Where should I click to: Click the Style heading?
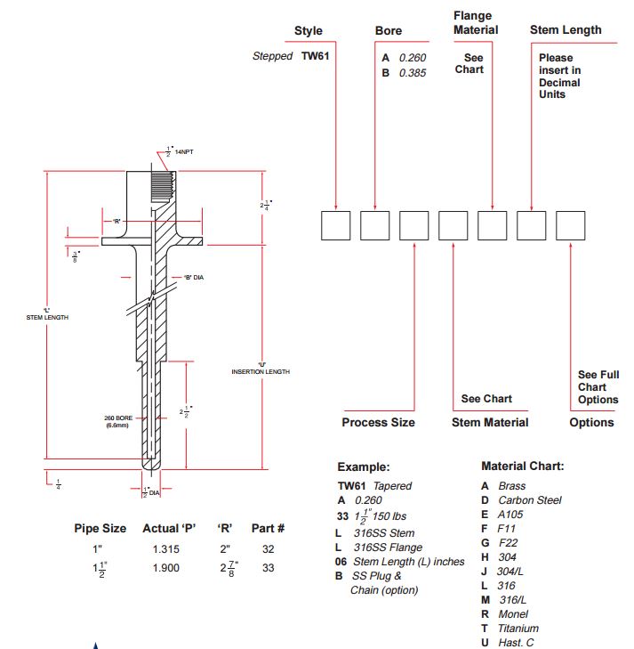[x=309, y=30]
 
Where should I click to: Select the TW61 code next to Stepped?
[x=315, y=56]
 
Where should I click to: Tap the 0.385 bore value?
[x=413, y=73]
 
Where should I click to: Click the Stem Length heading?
[x=566, y=29]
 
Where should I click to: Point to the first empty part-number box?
[x=335, y=225]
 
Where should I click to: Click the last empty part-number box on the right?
[x=570, y=225]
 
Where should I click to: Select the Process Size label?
[x=378, y=422]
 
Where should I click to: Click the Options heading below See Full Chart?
[x=591, y=422]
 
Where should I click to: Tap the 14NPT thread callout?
[x=184, y=152]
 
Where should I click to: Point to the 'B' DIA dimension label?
[x=194, y=277]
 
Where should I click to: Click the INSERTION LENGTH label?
[x=261, y=372]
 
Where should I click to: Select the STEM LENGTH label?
[x=47, y=318]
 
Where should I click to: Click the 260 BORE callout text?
[x=118, y=418]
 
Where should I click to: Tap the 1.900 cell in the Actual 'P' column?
[x=165, y=568]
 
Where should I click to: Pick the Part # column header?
[x=268, y=528]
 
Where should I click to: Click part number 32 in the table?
[x=268, y=549]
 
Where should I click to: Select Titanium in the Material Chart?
[x=518, y=629]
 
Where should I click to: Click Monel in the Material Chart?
[x=513, y=614]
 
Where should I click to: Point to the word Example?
[x=364, y=466]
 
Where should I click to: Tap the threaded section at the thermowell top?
[x=162, y=187]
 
